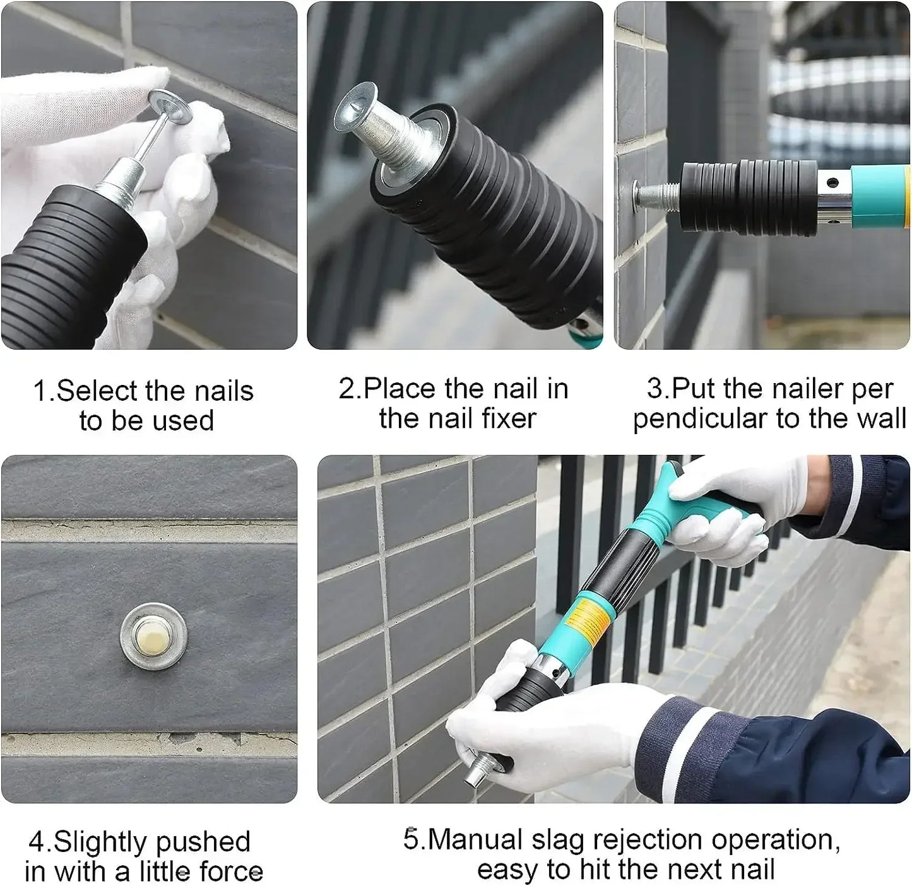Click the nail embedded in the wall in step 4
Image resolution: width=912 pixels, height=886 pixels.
point(154,636)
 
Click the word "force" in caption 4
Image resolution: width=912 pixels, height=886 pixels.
point(231,871)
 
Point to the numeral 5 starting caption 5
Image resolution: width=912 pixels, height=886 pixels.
point(410,840)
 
